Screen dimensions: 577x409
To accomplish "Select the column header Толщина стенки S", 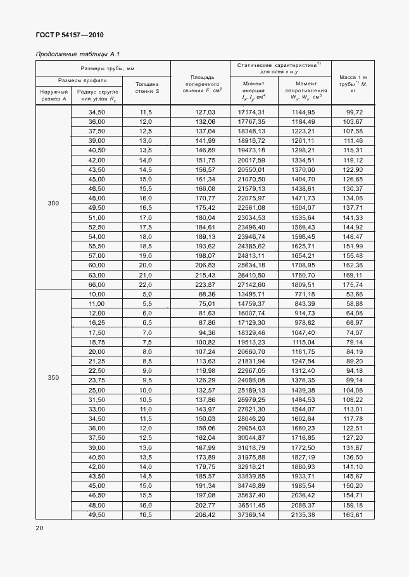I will [x=148, y=88].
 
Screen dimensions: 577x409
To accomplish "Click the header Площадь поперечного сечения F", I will [x=201, y=83].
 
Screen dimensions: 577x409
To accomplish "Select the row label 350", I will [x=53, y=377].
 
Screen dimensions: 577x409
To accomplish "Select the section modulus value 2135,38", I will [x=302, y=514].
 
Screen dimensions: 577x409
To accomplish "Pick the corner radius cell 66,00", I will [x=96, y=284].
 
